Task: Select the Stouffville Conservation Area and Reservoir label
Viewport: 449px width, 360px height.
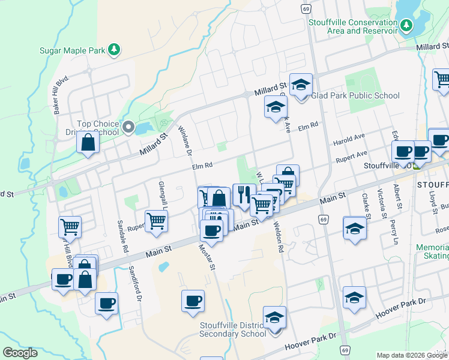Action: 353,26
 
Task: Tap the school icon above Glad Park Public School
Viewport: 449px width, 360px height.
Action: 301,85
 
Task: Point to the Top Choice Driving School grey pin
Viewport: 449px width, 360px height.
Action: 128,127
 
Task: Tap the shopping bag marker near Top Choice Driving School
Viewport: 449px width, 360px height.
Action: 88,143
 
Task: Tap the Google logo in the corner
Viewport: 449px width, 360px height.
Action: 20,353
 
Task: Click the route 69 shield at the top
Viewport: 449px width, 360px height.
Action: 306,9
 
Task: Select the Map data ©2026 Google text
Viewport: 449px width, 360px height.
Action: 412,355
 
